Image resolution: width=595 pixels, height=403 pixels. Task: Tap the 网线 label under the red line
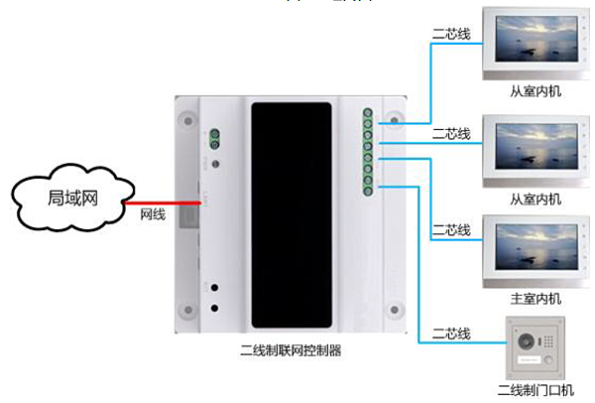(151, 213)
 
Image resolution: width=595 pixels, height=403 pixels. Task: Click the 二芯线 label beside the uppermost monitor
(450, 35)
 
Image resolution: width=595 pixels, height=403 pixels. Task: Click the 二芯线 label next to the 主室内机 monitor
(450, 229)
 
